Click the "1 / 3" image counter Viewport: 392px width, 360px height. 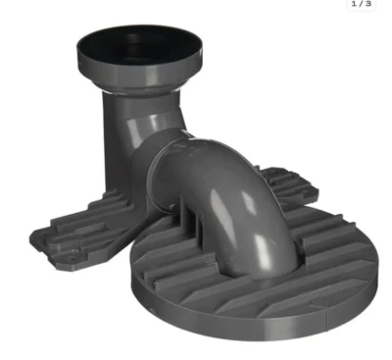click(361, 5)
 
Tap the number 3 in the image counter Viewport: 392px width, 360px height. click(368, 5)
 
